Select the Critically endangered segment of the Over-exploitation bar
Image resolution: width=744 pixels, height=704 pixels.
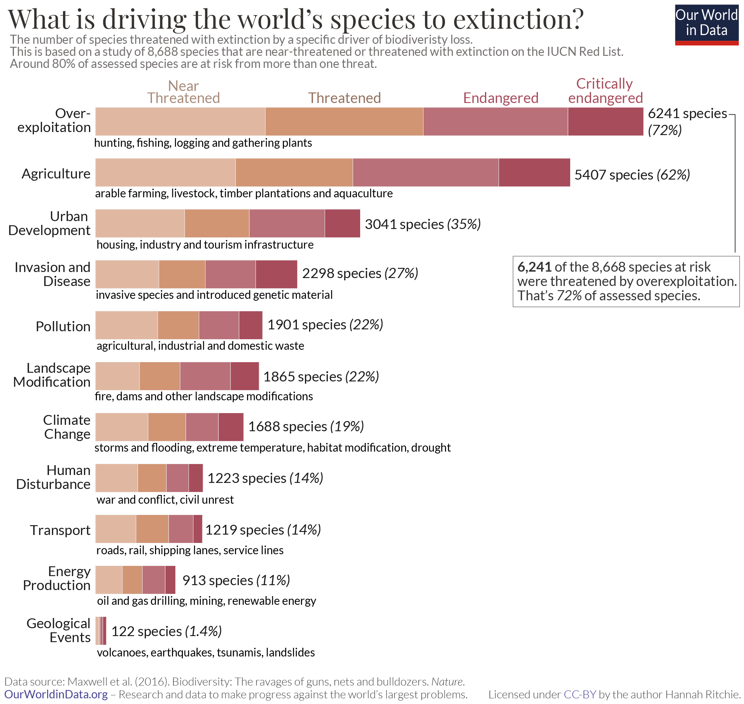pos(605,121)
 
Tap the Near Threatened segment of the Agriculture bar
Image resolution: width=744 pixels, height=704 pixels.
pos(165,172)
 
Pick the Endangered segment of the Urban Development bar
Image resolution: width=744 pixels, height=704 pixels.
pos(287,223)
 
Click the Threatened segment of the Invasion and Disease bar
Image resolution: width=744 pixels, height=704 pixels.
pos(182,274)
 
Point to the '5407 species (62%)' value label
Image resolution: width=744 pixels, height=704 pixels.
pos(632,175)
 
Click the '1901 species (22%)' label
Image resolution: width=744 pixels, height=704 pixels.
pos(325,324)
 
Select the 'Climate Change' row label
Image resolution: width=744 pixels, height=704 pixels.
pos(67,427)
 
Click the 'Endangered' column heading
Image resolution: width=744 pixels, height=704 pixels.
pos(500,98)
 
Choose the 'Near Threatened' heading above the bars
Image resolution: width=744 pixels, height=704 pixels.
pos(183,92)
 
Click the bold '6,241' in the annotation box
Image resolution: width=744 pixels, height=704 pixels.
pos(534,267)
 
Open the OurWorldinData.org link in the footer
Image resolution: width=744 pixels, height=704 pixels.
pos(56,694)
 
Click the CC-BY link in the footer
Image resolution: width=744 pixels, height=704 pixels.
pos(580,694)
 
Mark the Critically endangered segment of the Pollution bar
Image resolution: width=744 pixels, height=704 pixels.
pos(250,325)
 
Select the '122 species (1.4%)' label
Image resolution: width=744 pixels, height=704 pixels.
pos(166,631)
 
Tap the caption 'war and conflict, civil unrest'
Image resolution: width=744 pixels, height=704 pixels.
pos(165,500)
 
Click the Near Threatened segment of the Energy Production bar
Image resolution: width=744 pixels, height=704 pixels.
pos(109,580)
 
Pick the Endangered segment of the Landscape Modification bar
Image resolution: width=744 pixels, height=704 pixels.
pos(205,376)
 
